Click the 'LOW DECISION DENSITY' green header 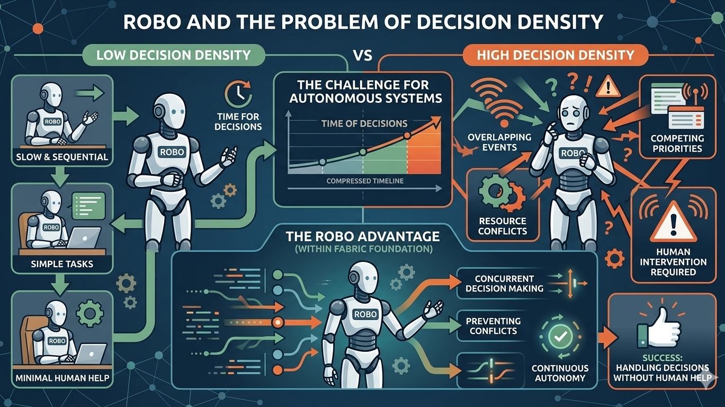173,55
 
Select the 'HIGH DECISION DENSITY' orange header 555,55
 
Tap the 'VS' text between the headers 362,55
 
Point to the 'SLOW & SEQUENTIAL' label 62,157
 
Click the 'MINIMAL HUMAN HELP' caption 62,378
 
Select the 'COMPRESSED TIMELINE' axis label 365,181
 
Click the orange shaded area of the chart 424,156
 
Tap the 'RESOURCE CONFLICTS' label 502,226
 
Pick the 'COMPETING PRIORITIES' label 677,143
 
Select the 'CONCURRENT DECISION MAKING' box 504,284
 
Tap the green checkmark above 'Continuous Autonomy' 559,335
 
